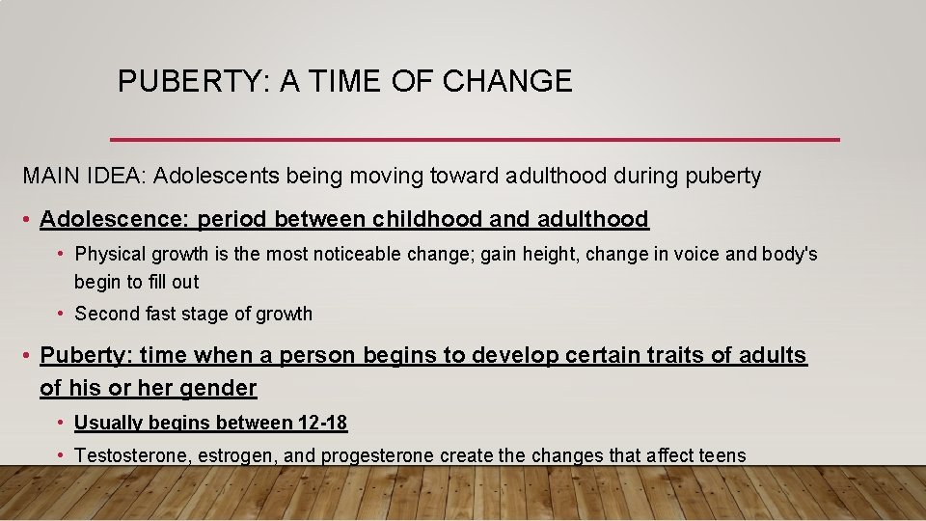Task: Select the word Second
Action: point(103,314)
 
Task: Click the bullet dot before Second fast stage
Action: point(61,314)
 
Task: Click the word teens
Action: point(722,455)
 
